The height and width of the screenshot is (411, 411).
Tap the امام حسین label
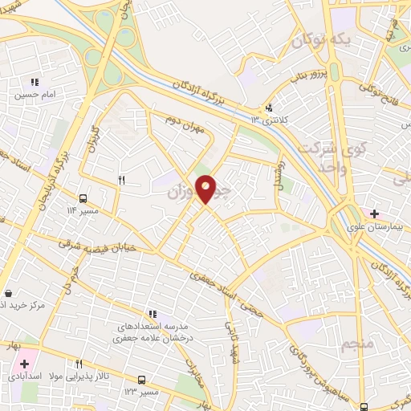coord(34,93)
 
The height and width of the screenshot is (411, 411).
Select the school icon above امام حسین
coord(34,82)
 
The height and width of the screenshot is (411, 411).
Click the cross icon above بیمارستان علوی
coord(374,214)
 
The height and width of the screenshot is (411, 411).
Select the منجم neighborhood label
coord(356,344)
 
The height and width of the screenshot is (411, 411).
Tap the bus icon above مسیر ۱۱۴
coord(83,198)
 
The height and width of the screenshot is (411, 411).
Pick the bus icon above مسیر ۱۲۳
coord(141,379)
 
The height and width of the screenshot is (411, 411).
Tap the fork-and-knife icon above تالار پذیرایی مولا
coord(79,364)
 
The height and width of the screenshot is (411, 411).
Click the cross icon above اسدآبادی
coord(24,364)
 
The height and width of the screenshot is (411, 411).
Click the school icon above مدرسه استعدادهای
coord(152,314)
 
